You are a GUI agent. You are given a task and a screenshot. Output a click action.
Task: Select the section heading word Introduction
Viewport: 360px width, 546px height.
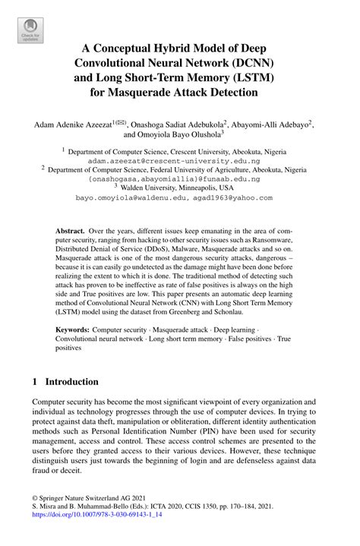(x=71, y=381)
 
